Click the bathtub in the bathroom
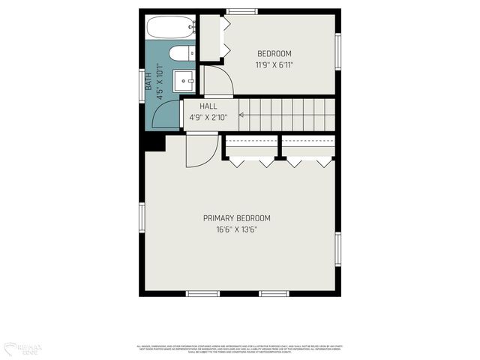pyautogui.click(x=170, y=28)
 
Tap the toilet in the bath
pyautogui.click(x=181, y=53)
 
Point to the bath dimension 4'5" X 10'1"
pyautogui.click(x=160, y=82)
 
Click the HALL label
pyautogui.click(x=208, y=106)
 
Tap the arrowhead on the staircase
pyautogui.click(x=241, y=115)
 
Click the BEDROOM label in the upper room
pyautogui.click(x=274, y=53)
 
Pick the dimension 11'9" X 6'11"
pyautogui.click(x=274, y=64)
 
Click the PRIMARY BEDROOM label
pyautogui.click(x=237, y=218)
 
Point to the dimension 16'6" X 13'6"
pyautogui.click(x=237, y=229)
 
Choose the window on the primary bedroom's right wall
pyautogui.click(x=338, y=249)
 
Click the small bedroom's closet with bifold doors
pyautogui.click(x=210, y=37)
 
